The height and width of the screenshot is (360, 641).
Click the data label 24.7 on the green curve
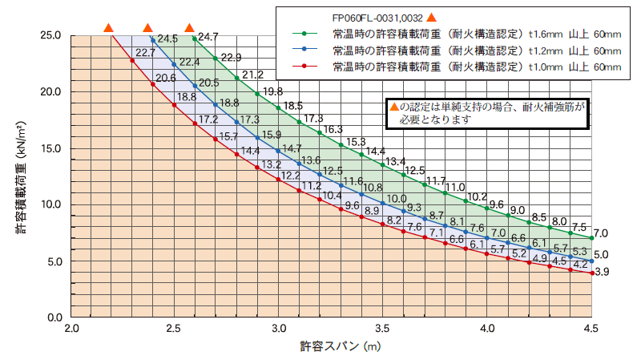[x=208, y=37]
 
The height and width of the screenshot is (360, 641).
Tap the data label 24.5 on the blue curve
[x=167, y=38]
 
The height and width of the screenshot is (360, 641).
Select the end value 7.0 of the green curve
[x=602, y=233]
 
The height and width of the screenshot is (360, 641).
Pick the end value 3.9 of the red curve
[x=602, y=273]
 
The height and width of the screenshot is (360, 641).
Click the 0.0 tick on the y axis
[x=54, y=318]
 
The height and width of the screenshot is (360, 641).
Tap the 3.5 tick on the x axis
[x=383, y=329]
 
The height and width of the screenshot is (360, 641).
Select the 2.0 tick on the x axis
[x=71, y=329]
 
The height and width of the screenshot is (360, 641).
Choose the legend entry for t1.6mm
[x=465, y=35]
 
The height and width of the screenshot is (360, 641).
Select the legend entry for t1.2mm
[x=465, y=51]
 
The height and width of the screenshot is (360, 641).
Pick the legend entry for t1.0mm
[x=465, y=67]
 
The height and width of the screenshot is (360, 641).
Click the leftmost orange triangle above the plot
[x=108, y=29]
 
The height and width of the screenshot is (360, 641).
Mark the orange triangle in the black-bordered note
[x=393, y=106]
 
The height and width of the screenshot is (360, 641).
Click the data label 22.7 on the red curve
[x=146, y=54]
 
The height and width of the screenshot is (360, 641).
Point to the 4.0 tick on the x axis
[x=487, y=329]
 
